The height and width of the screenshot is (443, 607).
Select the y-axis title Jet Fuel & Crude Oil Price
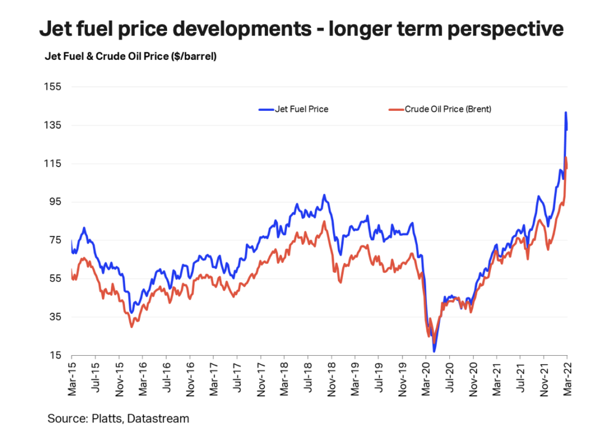[130, 58]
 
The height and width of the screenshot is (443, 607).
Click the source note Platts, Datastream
[119, 419]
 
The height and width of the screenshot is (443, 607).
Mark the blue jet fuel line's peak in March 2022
[566, 112]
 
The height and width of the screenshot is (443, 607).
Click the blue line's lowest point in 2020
[434, 352]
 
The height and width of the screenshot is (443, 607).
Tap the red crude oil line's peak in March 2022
[567, 157]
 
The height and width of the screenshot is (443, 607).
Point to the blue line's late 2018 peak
[324, 195]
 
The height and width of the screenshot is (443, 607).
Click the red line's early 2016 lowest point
[132, 327]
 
